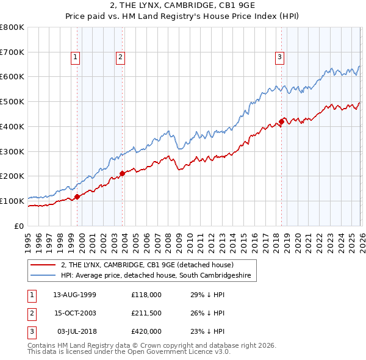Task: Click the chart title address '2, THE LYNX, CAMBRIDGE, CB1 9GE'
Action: pos(182,6)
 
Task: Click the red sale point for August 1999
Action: pos(77,196)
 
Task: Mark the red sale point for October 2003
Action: pos(122,173)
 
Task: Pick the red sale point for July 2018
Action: pos(281,121)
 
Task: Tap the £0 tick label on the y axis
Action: pos(19,226)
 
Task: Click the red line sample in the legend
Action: pos(43,265)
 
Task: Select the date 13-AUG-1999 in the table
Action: pos(74,294)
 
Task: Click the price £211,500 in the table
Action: pos(146,313)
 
